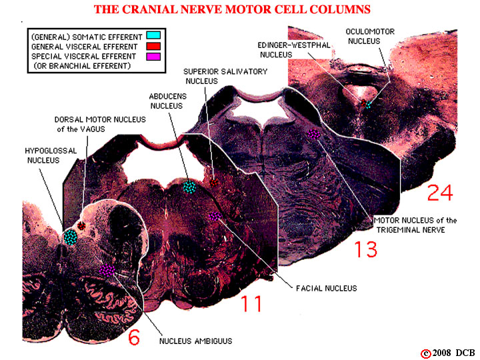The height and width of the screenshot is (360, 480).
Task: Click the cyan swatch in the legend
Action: point(153,35)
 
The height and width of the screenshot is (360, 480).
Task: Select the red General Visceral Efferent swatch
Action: point(153,46)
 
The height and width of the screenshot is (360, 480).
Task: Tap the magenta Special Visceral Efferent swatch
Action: point(153,57)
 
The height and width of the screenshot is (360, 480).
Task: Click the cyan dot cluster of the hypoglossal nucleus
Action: point(71,237)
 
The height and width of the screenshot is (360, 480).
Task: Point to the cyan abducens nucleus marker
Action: point(189,187)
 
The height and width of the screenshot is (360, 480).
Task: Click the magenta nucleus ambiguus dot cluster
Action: point(107,270)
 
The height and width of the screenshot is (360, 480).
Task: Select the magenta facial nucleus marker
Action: point(215,216)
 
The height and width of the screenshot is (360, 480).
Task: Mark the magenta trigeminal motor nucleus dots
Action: point(314,134)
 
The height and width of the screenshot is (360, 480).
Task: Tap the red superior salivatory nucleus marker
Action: point(214,183)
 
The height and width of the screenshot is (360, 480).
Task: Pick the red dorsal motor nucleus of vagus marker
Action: point(81,226)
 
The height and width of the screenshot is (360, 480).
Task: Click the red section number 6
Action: point(134,337)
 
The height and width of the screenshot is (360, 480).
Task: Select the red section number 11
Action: point(251,303)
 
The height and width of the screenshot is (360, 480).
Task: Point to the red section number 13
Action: point(366,249)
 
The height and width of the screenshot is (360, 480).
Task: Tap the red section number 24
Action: point(440,193)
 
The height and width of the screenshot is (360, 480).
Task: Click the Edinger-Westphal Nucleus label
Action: point(294,50)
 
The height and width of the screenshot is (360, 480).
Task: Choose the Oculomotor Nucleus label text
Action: point(370,36)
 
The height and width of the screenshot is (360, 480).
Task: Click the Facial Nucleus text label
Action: point(326,289)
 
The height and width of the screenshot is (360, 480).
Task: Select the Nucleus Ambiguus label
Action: point(195,341)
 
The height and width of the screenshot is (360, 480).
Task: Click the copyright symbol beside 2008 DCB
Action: point(425,353)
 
